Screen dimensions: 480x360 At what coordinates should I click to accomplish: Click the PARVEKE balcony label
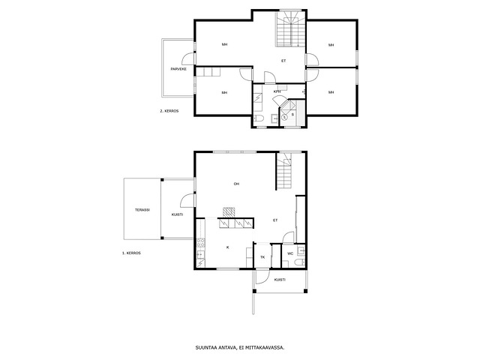pos(178,69)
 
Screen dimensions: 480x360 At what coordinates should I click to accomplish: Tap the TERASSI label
pos(142,210)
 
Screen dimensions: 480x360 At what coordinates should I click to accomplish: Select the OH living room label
pos(236,184)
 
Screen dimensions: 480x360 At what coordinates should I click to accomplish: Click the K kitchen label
pos(228,247)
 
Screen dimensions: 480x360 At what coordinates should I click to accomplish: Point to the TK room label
pos(262,257)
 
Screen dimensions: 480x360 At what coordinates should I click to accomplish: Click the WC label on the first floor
pos(290,253)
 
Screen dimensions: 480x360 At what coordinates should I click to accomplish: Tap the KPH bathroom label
pos(277,91)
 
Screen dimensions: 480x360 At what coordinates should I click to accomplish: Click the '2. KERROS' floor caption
pos(169,111)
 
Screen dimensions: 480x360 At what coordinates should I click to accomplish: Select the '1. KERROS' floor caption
pos(131,253)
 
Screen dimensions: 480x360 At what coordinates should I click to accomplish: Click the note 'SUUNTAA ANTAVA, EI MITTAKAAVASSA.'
pos(240,348)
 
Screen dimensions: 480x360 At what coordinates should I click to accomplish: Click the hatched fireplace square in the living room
pos(229,212)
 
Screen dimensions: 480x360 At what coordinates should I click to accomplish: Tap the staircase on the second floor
pos(290,28)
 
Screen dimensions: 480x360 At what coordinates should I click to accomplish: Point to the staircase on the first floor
pos(284,172)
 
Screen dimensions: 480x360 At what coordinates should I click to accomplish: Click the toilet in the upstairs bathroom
pos(259,118)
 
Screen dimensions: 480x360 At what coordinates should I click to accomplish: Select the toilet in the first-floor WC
pos(300,262)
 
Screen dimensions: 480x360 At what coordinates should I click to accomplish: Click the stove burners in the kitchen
pos(201,243)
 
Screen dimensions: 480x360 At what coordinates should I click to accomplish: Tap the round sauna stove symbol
pos(284,117)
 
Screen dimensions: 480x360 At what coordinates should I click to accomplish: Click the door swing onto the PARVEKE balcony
pos(188,58)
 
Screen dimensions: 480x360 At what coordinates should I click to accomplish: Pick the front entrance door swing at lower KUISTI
pos(262,277)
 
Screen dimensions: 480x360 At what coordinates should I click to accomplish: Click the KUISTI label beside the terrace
pos(177,214)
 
